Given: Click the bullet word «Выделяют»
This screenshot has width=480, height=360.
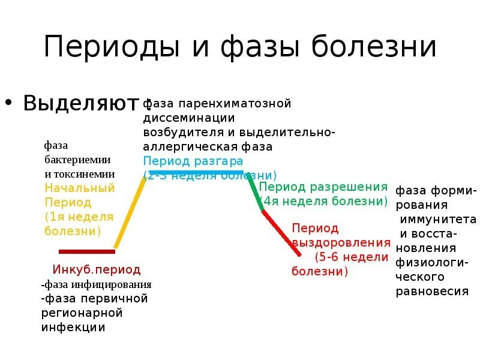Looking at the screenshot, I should [82, 103].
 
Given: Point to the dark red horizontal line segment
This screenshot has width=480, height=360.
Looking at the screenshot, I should [86, 251].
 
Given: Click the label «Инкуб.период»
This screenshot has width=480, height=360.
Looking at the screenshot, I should [97, 270].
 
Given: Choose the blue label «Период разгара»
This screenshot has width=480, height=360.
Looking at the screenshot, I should [193, 161].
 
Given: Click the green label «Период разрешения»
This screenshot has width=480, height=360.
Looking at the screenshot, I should [323, 187].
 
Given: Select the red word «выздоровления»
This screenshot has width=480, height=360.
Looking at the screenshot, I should [341, 243].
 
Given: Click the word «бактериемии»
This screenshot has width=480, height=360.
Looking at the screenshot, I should [79, 160].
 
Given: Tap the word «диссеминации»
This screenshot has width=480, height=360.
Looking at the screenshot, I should [188, 118].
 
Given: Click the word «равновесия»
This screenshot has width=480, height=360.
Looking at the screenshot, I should [432, 291].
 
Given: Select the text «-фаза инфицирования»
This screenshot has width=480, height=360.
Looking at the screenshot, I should [96, 284].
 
